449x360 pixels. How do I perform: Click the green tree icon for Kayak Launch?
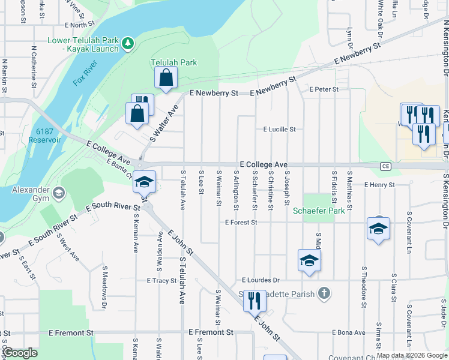point(127,43)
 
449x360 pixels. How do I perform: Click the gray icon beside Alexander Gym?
point(59,193)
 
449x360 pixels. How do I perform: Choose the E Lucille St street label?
point(280,129)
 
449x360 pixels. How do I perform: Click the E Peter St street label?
point(324,89)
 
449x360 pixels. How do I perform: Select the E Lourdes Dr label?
point(261,280)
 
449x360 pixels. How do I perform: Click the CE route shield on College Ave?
point(385,165)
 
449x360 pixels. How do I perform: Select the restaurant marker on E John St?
point(255,300)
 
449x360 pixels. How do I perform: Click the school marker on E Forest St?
point(378,229)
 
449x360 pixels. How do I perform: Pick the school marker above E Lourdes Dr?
point(309,260)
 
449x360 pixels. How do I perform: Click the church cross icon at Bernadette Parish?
point(324,293)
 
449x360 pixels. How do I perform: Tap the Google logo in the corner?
point(19,353)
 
